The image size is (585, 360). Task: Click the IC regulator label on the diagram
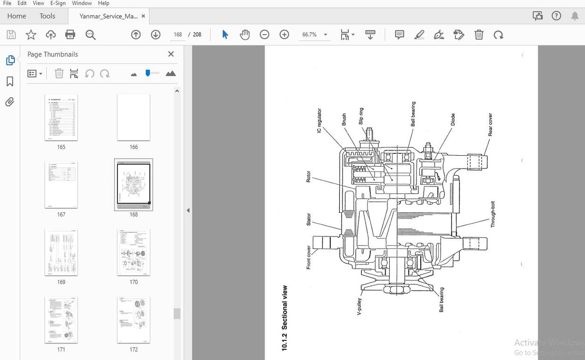point(319,120)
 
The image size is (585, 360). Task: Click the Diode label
point(453,122)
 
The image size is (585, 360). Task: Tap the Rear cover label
point(491,125)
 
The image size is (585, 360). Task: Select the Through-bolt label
point(493,215)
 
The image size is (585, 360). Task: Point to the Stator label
point(309,219)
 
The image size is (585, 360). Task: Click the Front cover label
point(309,257)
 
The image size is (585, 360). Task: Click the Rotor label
point(309,176)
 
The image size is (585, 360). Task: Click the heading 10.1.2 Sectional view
point(284,318)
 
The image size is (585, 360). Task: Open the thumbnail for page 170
point(134,252)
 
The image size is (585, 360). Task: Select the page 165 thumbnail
point(61,117)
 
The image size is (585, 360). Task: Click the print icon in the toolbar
point(70,34)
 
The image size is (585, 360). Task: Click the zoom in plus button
point(284,34)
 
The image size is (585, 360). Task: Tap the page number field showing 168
point(178,34)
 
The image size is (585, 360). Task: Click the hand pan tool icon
point(244,34)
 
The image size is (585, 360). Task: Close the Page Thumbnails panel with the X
point(171,54)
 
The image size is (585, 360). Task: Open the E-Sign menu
point(58,3)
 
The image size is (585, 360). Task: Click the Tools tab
point(47,16)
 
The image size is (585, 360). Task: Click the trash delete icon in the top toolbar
point(478,34)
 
